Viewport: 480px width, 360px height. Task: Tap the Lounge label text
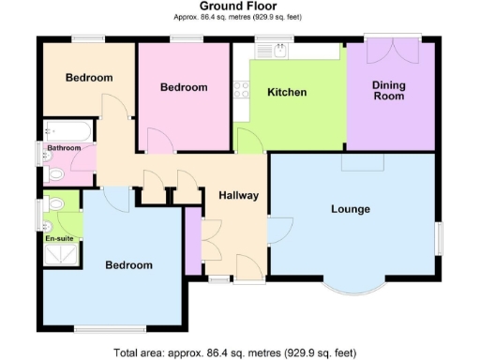coord(350,208)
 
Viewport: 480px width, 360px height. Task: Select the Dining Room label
coord(388,90)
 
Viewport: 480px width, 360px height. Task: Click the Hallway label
coord(238,195)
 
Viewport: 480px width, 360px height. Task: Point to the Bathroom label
coord(65,148)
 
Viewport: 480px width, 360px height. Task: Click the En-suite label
coord(59,239)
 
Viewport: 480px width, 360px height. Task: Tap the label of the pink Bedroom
coord(183,87)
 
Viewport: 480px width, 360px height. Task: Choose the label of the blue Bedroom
coord(127,265)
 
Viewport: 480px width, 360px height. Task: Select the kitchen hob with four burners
coord(241,90)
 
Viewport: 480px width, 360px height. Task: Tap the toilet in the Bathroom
coord(53,173)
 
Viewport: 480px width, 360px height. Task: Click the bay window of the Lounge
coord(358,286)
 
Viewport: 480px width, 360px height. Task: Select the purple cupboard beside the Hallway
coord(192,241)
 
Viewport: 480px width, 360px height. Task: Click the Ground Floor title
coord(239,7)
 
